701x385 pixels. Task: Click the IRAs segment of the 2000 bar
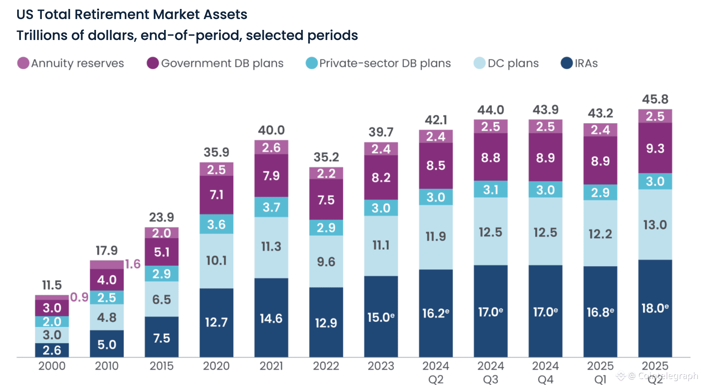click(52, 350)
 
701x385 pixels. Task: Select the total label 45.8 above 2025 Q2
click(655, 99)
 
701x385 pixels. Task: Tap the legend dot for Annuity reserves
click(23, 63)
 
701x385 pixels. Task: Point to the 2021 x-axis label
click(271, 366)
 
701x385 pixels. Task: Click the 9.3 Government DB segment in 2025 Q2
click(655, 148)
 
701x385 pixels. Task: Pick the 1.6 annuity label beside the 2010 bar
click(133, 264)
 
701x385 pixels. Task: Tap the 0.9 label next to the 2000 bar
click(79, 298)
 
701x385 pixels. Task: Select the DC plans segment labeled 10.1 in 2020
click(216, 261)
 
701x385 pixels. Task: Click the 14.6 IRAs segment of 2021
click(271, 318)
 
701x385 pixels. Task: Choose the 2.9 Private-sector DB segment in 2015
click(161, 274)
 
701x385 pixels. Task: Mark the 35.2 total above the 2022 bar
click(326, 157)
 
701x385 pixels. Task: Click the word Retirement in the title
click(112, 15)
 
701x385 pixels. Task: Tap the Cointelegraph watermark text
click(667, 375)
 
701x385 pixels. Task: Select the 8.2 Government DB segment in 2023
click(381, 178)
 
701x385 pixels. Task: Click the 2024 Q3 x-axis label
click(490, 372)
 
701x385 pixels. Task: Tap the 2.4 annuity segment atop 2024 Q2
click(435, 137)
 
